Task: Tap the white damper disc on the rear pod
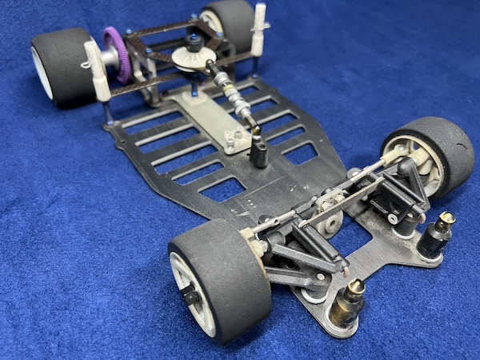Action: point(193,58)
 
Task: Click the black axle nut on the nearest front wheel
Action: point(191,296)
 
